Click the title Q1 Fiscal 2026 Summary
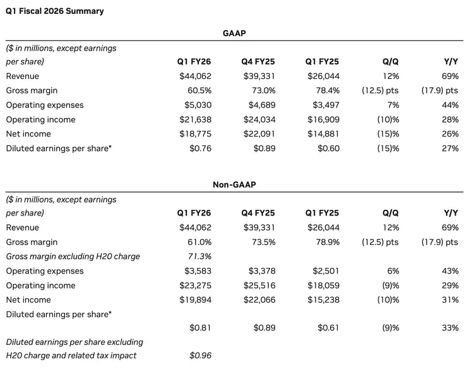(55, 11)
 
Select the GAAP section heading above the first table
(234, 33)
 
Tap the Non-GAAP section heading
(234, 184)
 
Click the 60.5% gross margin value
(199, 90)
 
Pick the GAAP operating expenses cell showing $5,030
(198, 105)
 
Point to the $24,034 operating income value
(259, 119)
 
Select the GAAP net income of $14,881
(324, 134)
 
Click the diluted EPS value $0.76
(201, 148)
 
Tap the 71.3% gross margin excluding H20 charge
(199, 257)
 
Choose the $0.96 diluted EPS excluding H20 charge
(201, 355)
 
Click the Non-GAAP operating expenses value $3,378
(262, 271)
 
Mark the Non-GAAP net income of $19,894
(196, 299)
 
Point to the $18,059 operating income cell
(324, 285)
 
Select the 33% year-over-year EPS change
(450, 327)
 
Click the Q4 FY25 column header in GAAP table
(258, 62)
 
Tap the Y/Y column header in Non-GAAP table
(451, 213)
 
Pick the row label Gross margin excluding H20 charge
(73, 257)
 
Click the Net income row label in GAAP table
(28, 134)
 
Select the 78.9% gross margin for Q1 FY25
(328, 242)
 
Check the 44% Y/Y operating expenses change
(450, 105)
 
